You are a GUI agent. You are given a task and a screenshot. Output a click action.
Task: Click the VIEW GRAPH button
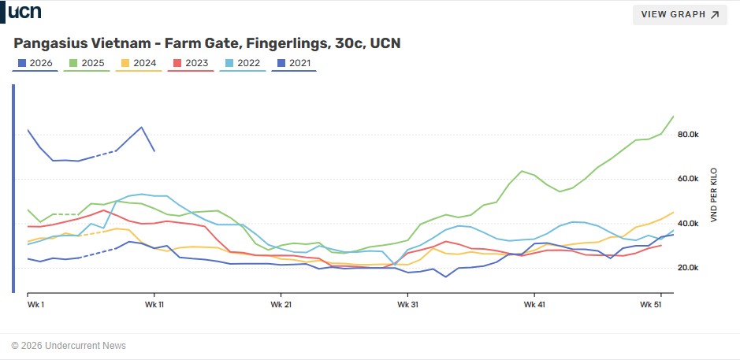click(x=679, y=14)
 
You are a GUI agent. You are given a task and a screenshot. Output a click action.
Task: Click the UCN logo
click(x=24, y=12)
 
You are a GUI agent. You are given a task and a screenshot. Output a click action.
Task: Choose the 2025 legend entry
click(x=87, y=63)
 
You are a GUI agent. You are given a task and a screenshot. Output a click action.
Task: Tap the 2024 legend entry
click(x=139, y=63)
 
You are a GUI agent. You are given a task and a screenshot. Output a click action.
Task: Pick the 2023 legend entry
click(x=191, y=63)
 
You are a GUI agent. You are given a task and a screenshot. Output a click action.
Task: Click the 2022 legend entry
click(x=243, y=63)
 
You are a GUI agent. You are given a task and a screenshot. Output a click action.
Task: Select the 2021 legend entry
click(x=294, y=63)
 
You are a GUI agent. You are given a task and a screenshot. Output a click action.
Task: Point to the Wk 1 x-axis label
click(x=35, y=304)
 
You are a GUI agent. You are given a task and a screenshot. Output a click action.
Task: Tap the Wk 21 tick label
click(x=281, y=304)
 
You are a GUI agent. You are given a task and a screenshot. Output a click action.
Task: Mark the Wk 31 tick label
click(x=407, y=304)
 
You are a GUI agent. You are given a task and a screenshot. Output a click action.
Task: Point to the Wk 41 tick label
click(x=534, y=304)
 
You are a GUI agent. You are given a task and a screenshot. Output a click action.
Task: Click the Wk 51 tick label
click(x=651, y=304)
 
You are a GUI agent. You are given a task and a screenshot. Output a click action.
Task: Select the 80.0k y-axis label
click(x=688, y=135)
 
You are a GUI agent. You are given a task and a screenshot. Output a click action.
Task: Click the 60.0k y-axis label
click(x=688, y=179)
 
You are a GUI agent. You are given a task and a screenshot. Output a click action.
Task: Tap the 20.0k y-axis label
click(x=688, y=268)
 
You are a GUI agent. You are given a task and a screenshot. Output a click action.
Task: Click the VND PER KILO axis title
click(x=714, y=193)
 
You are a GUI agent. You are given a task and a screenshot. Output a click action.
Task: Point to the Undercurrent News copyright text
click(x=69, y=346)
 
